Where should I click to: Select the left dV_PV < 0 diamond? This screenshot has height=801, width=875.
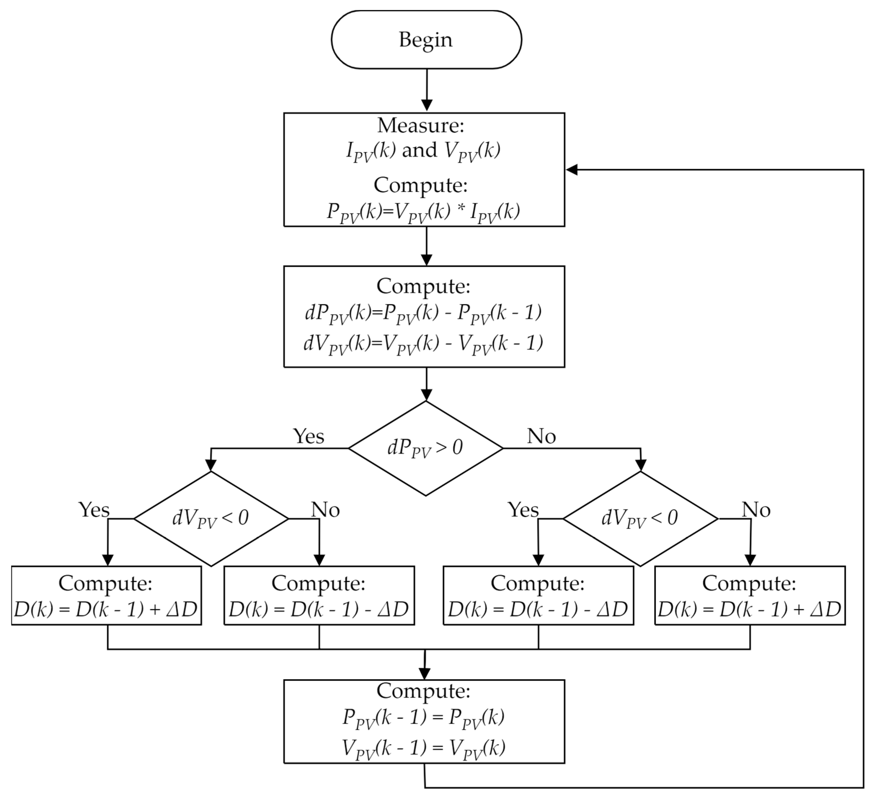(211, 518)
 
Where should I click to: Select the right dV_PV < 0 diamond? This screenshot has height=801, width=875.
(640, 518)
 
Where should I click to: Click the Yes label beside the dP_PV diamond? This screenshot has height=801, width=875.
(308, 436)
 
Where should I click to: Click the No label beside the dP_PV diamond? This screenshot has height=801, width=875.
(541, 436)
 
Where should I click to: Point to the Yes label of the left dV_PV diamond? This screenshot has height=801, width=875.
(94, 509)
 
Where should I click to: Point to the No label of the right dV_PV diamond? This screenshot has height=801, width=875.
(756, 509)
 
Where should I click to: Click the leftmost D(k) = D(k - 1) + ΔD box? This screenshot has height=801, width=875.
(106, 596)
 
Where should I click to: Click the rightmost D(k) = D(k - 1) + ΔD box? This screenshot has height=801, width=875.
(750, 596)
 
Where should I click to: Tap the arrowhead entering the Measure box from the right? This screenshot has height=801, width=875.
(572, 170)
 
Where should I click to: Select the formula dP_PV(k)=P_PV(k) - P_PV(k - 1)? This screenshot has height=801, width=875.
(424, 313)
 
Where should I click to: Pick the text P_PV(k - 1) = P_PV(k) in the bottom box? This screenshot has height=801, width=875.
(424, 718)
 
